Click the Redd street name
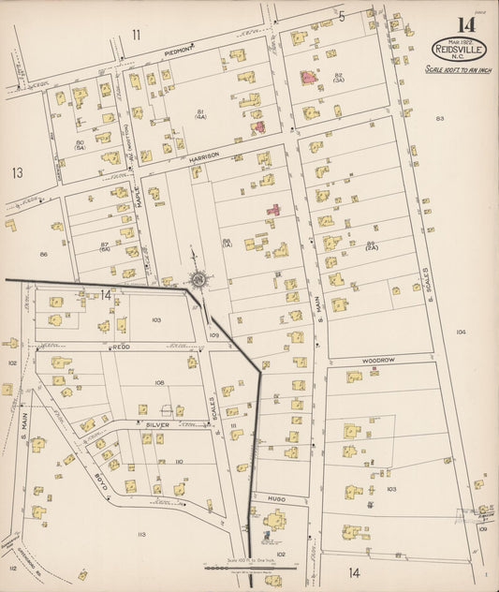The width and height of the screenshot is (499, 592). pyautogui.click(x=120, y=345)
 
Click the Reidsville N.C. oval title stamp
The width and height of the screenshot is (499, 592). pyautogui.click(x=458, y=50)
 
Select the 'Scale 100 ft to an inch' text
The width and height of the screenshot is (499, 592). pyautogui.click(x=457, y=68)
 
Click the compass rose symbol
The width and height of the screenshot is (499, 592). pyautogui.click(x=198, y=278)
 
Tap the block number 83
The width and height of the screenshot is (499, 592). pyautogui.click(x=439, y=118)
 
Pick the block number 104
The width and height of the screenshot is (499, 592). pyautogui.click(x=460, y=332)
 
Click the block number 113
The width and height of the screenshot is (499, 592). pyautogui.click(x=141, y=534)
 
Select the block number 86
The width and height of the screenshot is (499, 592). pyautogui.click(x=43, y=254)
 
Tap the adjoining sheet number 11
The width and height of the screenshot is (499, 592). pyautogui.click(x=137, y=35)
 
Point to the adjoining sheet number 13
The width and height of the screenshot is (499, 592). pyautogui.click(x=17, y=172)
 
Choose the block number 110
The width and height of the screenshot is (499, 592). pyautogui.click(x=178, y=462)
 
